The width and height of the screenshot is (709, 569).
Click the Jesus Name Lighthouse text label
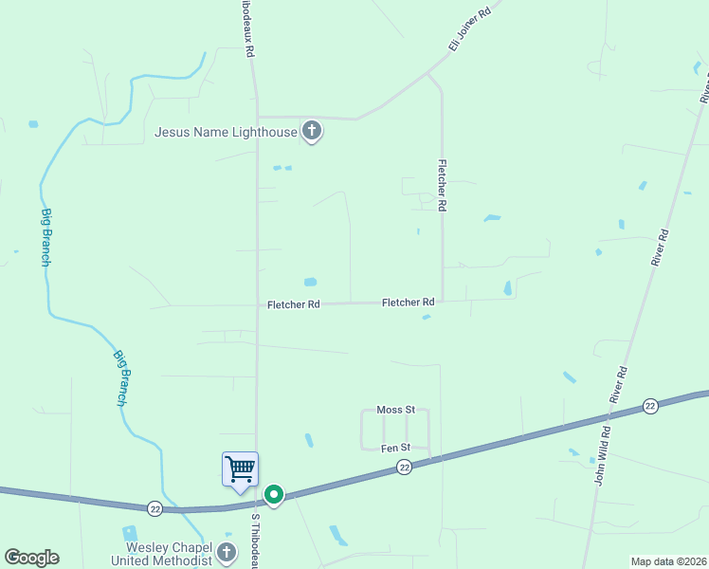(226, 133)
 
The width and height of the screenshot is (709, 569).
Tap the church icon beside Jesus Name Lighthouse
(312, 132)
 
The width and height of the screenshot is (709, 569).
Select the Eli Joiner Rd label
(470, 29)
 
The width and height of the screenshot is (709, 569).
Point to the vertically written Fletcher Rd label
(442, 185)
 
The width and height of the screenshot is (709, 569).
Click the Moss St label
(396, 409)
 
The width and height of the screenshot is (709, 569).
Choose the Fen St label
(395, 448)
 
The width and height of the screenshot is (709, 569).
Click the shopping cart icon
(240, 468)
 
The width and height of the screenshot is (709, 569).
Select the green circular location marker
(274, 494)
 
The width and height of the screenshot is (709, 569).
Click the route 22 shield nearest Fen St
(405, 467)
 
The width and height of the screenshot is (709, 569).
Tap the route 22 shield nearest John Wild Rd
(649, 406)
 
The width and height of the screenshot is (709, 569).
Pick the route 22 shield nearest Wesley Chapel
(155, 509)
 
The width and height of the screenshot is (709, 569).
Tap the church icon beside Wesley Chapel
(226, 552)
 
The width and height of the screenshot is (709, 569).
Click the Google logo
(32, 558)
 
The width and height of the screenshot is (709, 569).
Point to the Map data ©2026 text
(668, 561)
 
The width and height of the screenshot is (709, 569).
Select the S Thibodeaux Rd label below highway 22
(254, 543)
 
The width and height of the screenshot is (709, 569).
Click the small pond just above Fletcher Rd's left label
(309, 282)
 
